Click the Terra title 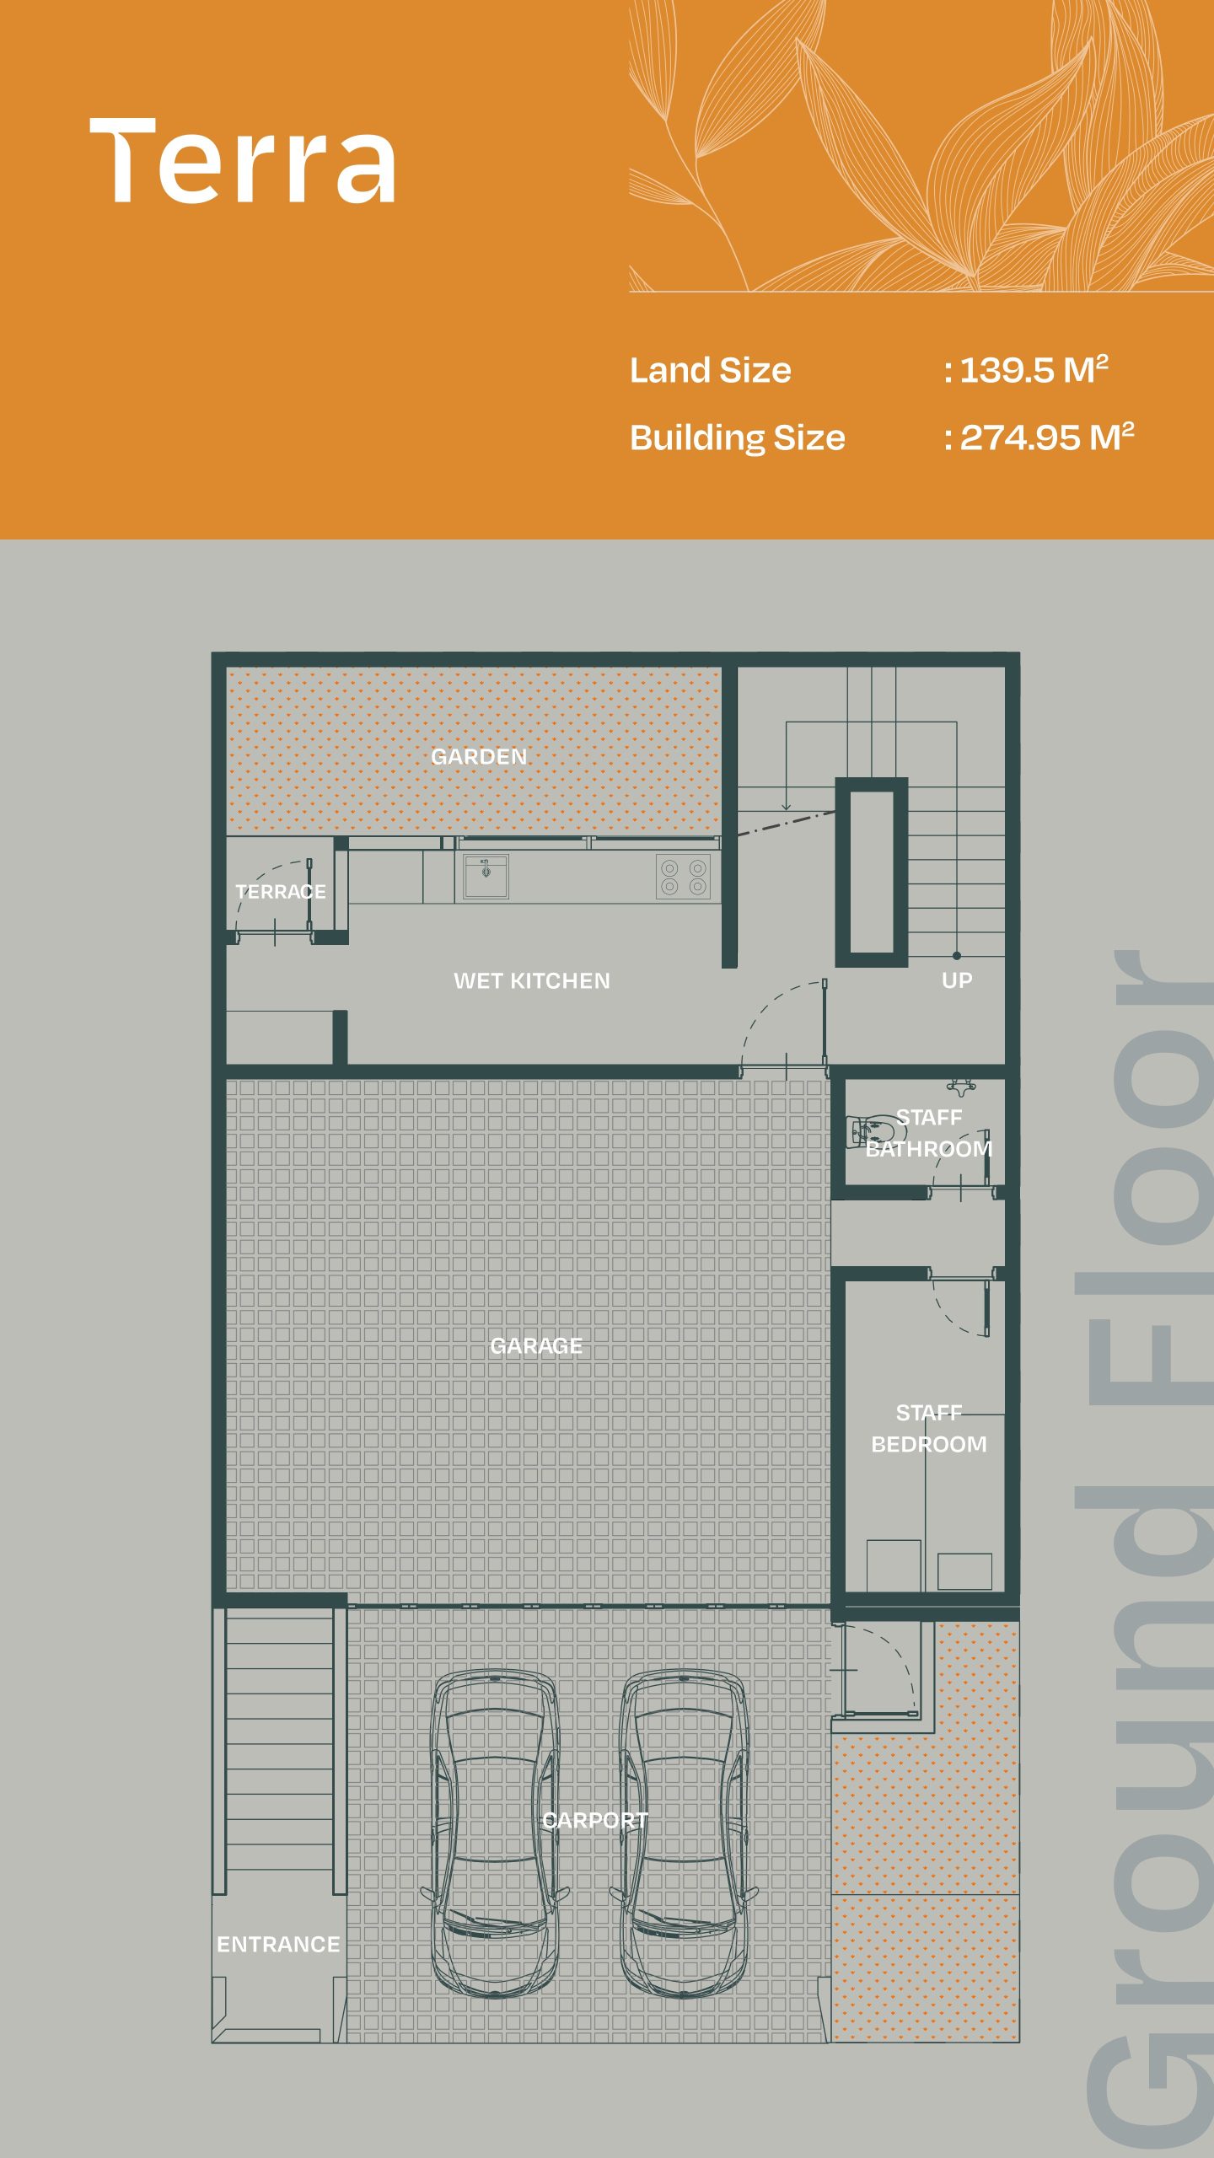coord(243,160)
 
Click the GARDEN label coord(479,756)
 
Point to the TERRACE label coord(281,891)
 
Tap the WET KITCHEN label coord(532,980)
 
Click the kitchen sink coord(486,876)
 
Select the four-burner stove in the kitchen coord(684,877)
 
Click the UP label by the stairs coord(957,980)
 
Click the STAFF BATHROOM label coord(929,1133)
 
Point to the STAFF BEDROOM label coord(929,1428)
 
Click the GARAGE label coord(536,1345)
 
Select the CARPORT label coord(595,1820)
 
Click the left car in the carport coord(495,1833)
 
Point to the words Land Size coord(711,370)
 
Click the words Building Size coord(738,438)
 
